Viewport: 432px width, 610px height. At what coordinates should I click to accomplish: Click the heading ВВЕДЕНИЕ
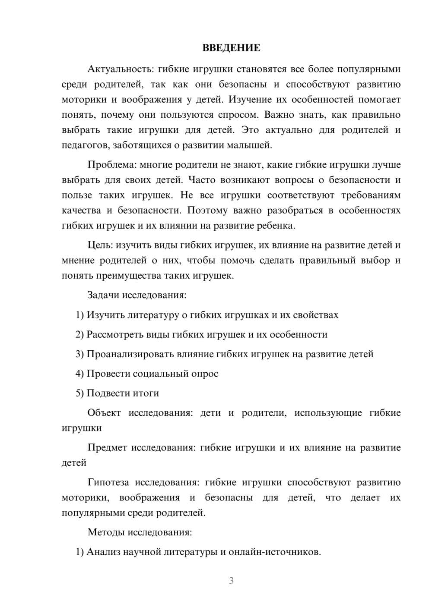pos(231,48)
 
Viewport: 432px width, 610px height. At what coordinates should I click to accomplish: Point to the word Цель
pos(100,245)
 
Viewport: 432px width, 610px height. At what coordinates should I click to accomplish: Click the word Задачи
pos(104,296)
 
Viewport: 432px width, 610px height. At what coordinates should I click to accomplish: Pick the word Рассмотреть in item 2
pos(113,335)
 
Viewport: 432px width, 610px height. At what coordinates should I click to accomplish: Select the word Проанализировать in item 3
pos(130,354)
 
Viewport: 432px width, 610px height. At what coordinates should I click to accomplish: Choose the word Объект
pos(104,413)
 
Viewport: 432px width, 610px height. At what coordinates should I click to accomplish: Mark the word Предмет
pos(107,448)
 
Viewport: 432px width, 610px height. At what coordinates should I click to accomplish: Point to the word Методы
pos(106,532)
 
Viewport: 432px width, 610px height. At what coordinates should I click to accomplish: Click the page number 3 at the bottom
pos(231,581)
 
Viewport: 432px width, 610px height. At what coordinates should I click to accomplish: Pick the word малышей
pos(252,145)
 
